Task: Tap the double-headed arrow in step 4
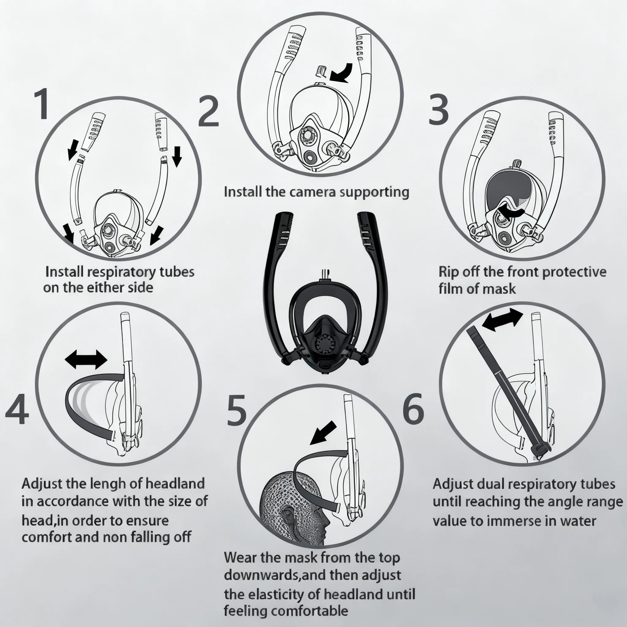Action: (x=86, y=359)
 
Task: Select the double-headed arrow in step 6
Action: (x=502, y=319)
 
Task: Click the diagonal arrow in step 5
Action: (x=323, y=433)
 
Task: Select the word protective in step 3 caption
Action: (x=574, y=272)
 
